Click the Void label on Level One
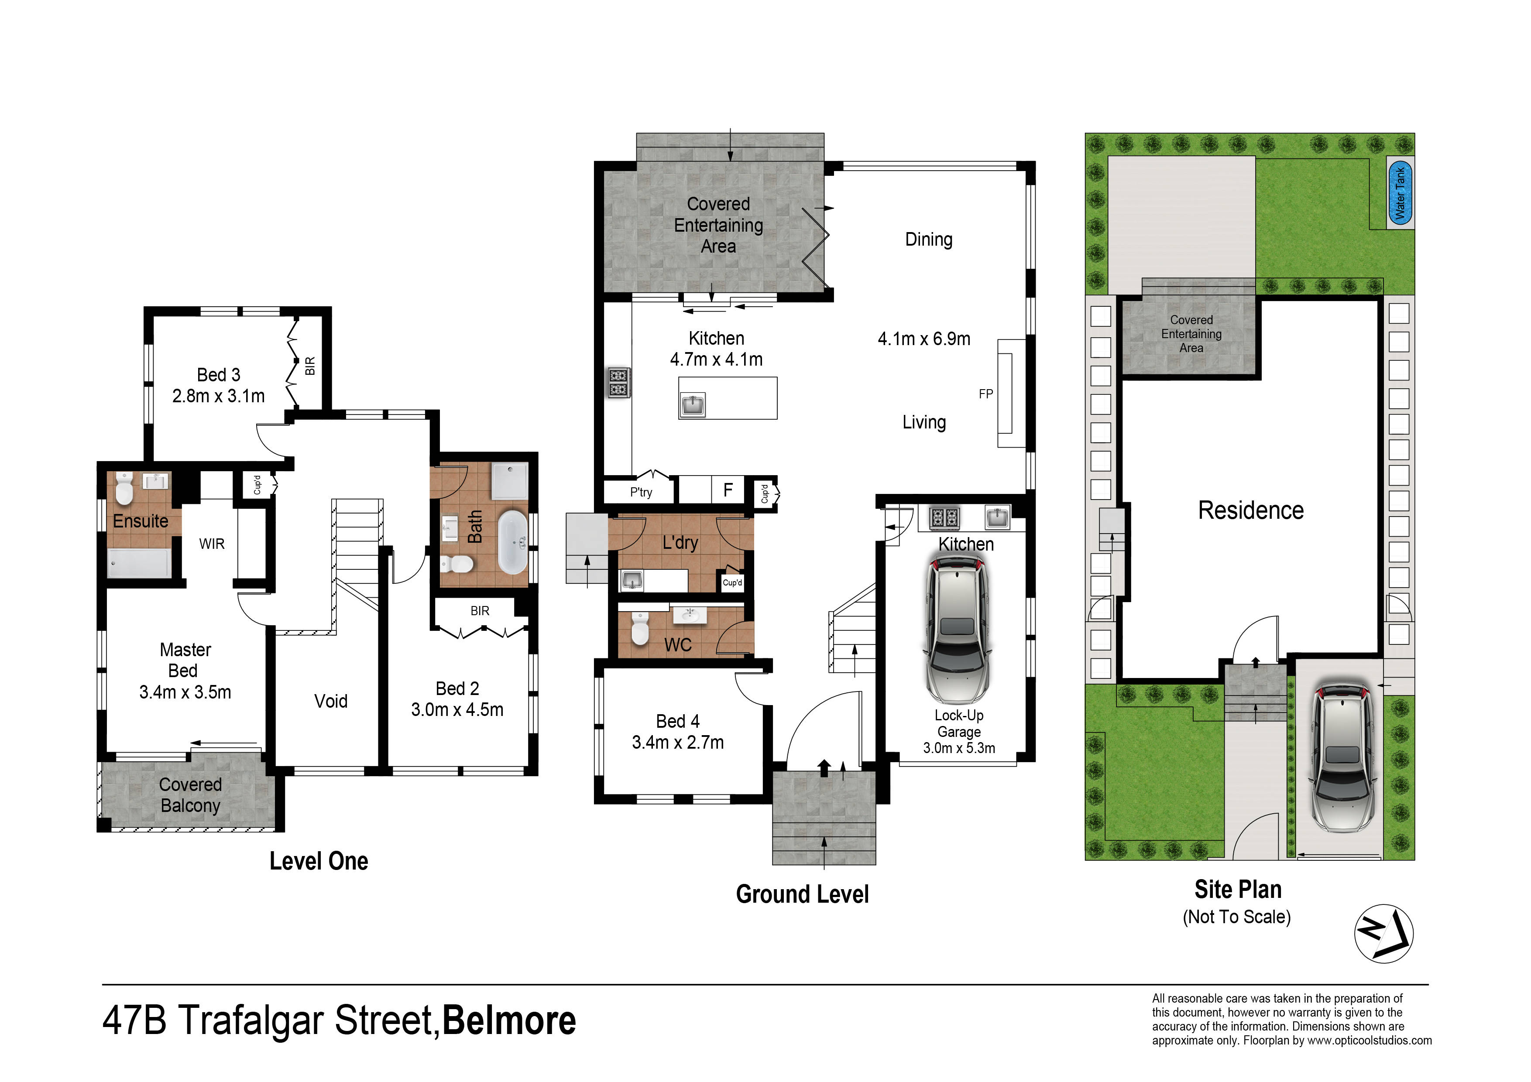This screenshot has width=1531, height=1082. tap(331, 701)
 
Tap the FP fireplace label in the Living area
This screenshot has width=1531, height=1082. tap(985, 394)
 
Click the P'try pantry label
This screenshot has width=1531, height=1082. tap(641, 492)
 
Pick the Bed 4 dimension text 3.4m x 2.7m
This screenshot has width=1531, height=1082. tap(677, 743)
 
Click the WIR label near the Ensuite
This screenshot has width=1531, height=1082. tap(212, 544)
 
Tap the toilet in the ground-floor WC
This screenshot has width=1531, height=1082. tap(639, 627)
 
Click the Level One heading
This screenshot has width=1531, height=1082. tap(319, 861)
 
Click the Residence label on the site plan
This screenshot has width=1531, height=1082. tap(1250, 510)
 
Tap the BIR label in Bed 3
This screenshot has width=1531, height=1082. tap(310, 366)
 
